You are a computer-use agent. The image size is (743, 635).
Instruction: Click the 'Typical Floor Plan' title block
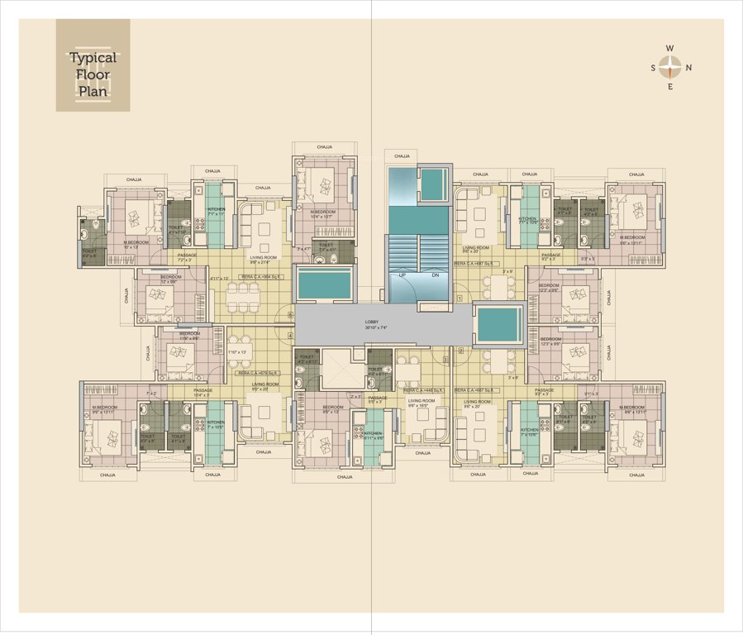[93, 74]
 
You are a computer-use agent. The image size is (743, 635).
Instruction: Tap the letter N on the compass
[688, 68]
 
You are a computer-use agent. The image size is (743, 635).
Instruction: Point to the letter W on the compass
[670, 49]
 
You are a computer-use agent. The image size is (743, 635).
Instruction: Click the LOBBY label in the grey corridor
[374, 323]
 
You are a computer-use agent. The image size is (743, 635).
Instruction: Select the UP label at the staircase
[402, 274]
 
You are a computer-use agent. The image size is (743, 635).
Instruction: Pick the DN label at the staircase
[436, 274]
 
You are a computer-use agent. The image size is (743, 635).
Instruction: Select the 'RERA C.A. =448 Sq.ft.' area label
[422, 389]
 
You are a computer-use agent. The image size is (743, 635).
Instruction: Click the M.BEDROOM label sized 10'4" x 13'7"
[325, 213]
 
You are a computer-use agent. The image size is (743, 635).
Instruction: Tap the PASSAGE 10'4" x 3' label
[204, 392]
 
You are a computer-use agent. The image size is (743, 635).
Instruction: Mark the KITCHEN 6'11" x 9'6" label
[374, 436]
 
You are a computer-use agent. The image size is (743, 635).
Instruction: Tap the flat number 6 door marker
[290, 314]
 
